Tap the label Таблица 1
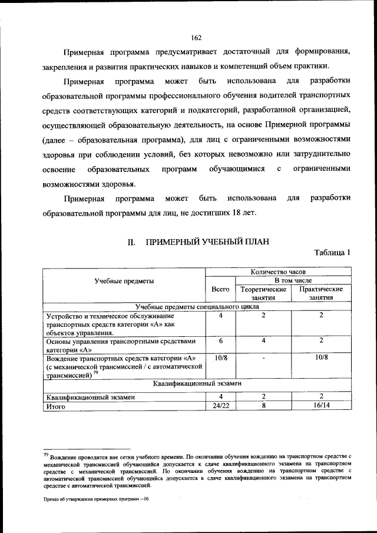click(x=333, y=253)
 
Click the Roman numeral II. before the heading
click(x=133, y=241)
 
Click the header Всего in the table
click(x=220, y=289)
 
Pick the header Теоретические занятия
click(x=263, y=293)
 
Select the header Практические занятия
click(x=321, y=293)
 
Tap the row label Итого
click(x=56, y=406)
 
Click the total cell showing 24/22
click(x=220, y=406)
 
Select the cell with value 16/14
click(x=322, y=406)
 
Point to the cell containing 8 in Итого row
click(x=263, y=406)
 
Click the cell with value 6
click(x=220, y=341)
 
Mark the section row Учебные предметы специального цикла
click(x=197, y=306)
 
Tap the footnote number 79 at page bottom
click(x=46, y=455)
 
